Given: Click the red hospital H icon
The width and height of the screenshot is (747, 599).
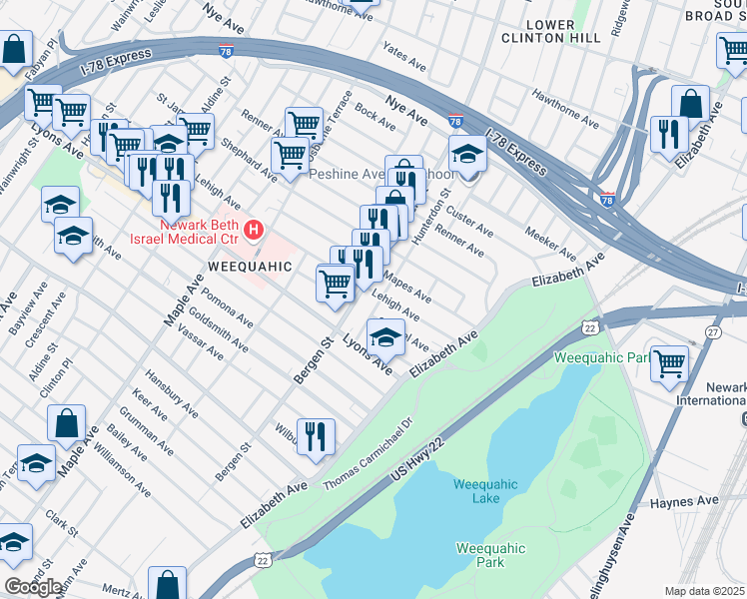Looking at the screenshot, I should [254, 232].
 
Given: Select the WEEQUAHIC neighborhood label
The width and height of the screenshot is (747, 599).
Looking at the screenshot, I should [249, 267].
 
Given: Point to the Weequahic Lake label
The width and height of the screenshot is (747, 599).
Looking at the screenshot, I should [485, 491].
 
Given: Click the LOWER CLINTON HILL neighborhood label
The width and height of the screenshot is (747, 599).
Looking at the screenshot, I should [564, 31].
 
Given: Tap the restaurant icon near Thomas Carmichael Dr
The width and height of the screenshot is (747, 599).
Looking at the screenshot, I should [316, 436].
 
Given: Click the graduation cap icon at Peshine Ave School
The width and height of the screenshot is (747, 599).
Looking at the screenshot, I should [466, 154].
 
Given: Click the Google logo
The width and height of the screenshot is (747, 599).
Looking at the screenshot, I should [33, 587].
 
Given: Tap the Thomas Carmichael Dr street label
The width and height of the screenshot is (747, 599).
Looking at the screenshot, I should [369, 454].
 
